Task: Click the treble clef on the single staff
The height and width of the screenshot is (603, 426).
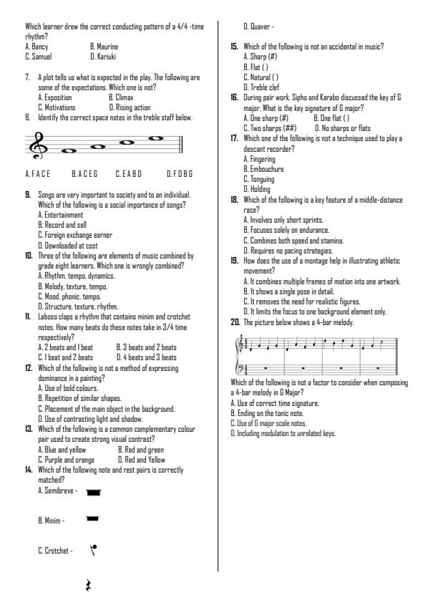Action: coord(34,146)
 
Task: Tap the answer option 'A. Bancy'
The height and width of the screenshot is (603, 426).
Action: coord(37,47)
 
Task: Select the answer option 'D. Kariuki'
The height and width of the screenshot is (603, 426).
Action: coord(103,54)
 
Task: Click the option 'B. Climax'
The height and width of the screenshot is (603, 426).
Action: coord(124,95)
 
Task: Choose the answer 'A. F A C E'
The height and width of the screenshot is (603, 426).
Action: coord(39,174)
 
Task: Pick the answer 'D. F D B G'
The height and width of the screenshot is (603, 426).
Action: coord(180,174)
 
